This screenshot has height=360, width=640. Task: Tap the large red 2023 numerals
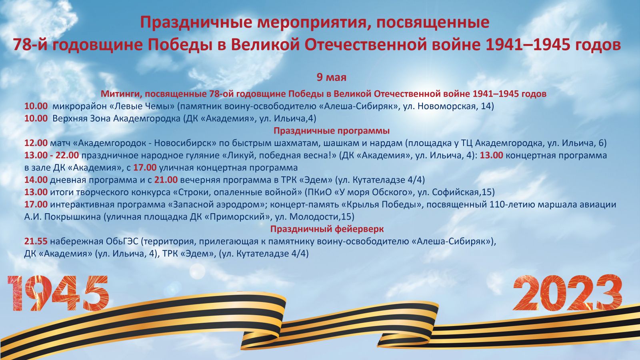pyautogui.click(x=568, y=292)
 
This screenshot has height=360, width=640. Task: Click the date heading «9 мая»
pyautogui.click(x=332, y=78)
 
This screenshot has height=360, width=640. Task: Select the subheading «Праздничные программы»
pyautogui.click(x=332, y=131)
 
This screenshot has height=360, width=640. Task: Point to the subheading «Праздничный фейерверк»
pyautogui.click(x=327, y=229)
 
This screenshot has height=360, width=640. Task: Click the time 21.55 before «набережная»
pyautogui.click(x=36, y=242)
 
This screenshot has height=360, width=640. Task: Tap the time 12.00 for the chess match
pyautogui.click(x=36, y=143)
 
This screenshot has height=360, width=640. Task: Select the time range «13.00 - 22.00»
pyautogui.click(x=52, y=156)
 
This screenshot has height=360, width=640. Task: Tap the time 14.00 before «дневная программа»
pyautogui.click(x=36, y=180)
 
